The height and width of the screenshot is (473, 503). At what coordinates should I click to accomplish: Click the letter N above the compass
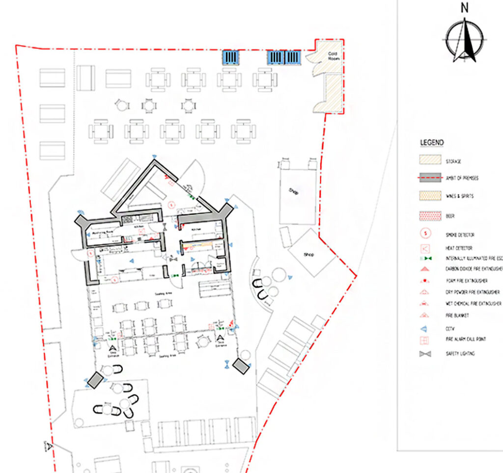[x=464, y=7]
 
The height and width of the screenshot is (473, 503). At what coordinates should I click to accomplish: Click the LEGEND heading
[x=432, y=143]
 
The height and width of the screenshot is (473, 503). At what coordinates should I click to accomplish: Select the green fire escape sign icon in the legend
[x=425, y=258]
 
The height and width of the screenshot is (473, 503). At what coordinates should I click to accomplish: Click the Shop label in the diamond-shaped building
[x=308, y=255]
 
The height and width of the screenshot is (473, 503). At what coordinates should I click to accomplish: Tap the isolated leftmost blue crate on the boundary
[x=231, y=58]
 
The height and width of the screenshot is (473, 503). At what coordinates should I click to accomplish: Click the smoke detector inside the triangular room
[x=171, y=204]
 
